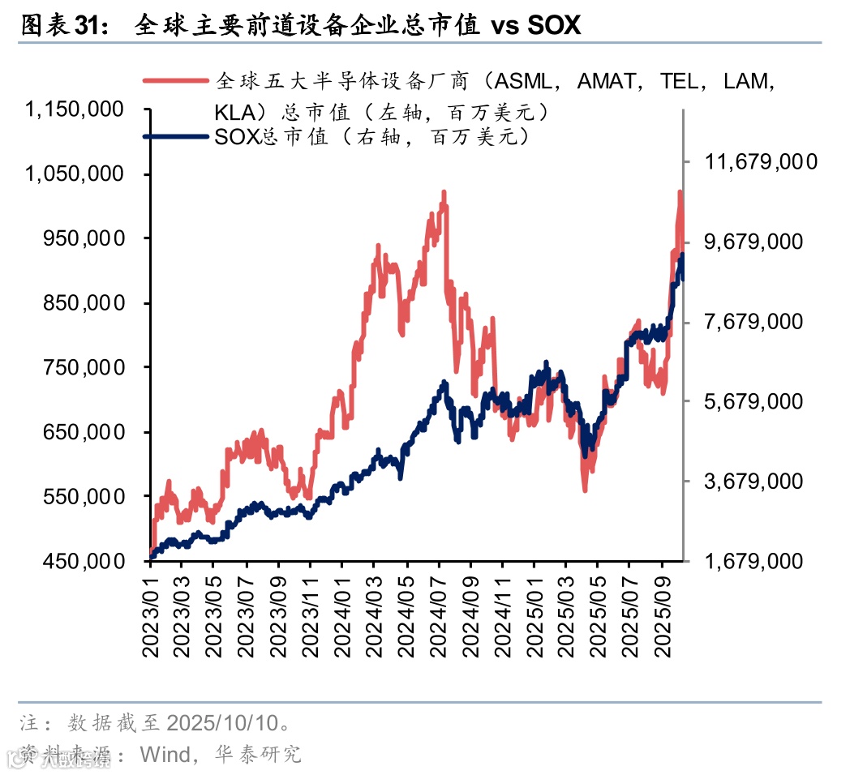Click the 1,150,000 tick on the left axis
click(76, 109)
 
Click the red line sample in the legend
click(176, 80)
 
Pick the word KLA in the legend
click(234, 111)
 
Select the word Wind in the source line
click(165, 754)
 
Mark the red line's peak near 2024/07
click(444, 193)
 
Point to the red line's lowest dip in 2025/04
click(584, 490)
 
